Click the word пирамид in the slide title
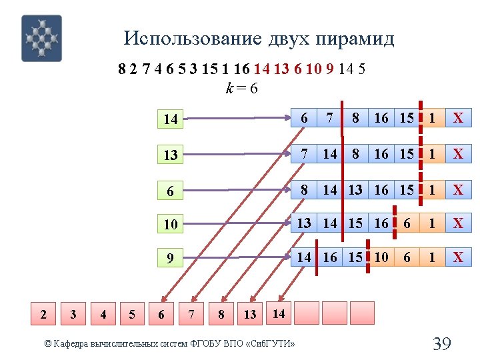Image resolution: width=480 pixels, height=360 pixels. tap(357, 39)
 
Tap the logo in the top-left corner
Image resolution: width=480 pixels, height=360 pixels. tap(41, 38)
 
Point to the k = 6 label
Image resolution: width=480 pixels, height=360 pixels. tap(242, 87)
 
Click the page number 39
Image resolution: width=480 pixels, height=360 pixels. tap(442, 344)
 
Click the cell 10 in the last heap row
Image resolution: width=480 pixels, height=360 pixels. tap(381, 257)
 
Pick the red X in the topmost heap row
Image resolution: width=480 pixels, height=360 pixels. tap(458, 119)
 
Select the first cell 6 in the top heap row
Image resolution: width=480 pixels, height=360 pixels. tap(304, 118)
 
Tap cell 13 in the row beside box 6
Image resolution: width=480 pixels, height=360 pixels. tap(355, 189)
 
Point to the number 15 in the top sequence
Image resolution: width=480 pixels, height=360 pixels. tap(207, 69)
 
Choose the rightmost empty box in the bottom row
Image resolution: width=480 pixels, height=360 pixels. tap(362, 313)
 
